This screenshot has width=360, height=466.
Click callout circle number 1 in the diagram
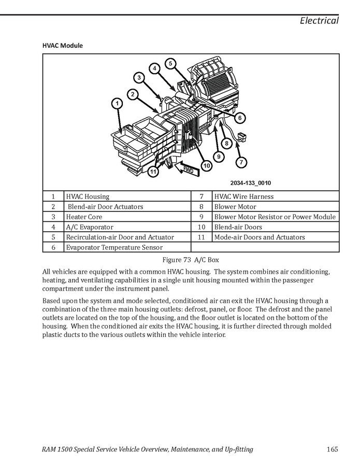coord(118,104)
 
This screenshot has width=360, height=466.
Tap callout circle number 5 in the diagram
coord(171,64)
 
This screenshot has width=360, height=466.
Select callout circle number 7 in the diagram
coord(241,162)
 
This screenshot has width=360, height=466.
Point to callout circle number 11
coord(153,172)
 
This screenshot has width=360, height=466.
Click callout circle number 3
coord(139,78)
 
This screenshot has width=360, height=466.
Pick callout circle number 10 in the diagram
coord(207,165)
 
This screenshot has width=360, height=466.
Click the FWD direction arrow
coord(187,170)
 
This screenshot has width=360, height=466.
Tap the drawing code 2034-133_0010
coord(251,183)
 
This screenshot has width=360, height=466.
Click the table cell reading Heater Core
coord(84,217)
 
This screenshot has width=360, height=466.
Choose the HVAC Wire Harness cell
coord(243,196)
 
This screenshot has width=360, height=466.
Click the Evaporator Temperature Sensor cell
coord(114,247)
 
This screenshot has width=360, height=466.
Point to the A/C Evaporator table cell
coord(89,227)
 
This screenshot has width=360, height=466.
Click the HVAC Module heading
coord(62,46)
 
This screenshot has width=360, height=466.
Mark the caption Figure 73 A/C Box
coord(191,259)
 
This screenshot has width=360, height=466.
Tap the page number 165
coord(333,449)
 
